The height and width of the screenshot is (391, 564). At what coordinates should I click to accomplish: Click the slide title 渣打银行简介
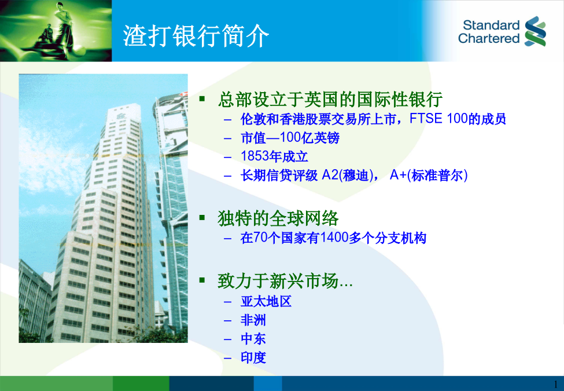[196, 36]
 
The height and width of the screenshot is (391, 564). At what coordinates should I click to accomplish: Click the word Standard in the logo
[491, 25]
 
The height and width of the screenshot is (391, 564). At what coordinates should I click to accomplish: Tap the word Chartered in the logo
[489, 38]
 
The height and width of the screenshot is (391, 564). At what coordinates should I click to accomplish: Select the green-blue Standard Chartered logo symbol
[535, 31]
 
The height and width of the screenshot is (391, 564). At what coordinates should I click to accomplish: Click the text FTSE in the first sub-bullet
[426, 118]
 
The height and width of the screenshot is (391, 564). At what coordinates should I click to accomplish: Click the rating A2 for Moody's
[330, 175]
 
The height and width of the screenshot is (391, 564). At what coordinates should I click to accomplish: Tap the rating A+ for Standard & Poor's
[398, 175]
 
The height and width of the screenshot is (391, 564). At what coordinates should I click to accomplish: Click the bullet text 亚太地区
[266, 301]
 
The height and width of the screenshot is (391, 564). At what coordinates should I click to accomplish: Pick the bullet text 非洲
[253, 320]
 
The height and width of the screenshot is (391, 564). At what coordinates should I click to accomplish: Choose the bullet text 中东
[253, 339]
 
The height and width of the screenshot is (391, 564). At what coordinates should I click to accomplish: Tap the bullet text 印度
[253, 357]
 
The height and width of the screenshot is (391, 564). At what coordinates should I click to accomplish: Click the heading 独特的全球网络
[278, 218]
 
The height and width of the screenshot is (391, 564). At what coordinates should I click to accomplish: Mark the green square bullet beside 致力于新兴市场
[202, 280]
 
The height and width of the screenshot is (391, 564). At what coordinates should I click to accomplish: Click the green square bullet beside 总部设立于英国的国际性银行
[202, 98]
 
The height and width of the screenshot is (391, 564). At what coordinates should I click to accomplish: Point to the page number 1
[555, 384]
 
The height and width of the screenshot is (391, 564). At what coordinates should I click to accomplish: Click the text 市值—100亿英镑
[290, 137]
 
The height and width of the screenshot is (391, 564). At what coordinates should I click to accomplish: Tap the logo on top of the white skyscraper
[120, 116]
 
